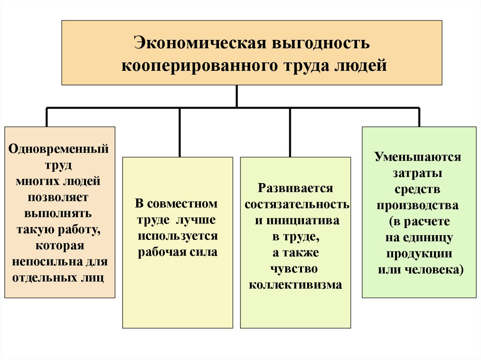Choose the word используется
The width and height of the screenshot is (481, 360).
tap(178, 236)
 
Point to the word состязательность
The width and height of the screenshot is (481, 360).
tap(297, 205)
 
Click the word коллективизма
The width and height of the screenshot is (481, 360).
tap(295, 285)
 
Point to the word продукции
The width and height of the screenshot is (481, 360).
tap(419, 254)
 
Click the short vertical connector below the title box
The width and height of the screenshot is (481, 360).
tap(236, 96)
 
